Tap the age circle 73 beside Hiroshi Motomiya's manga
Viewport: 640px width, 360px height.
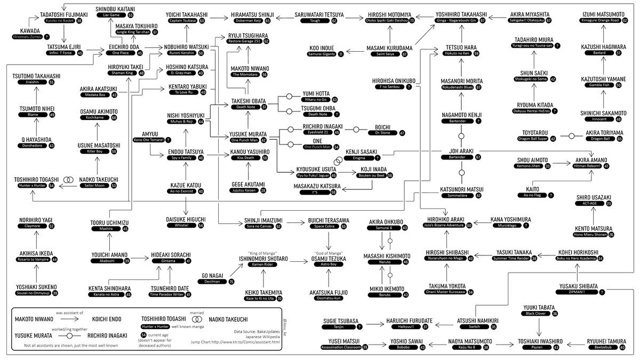[412, 20]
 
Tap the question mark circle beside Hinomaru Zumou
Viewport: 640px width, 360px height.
[47, 37]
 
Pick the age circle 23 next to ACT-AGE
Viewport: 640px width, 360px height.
[609, 204]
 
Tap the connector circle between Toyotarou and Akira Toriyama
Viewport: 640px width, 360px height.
[572, 136]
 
